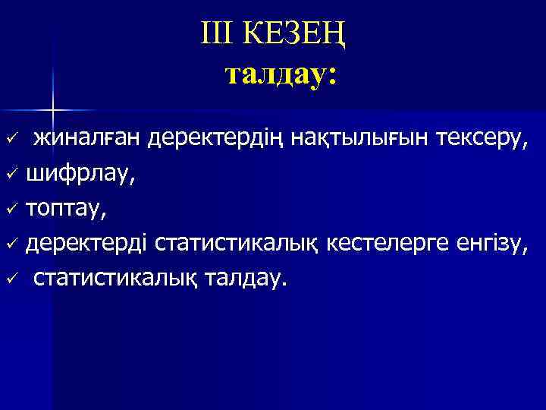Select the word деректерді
(87, 244)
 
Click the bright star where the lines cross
(53, 112)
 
